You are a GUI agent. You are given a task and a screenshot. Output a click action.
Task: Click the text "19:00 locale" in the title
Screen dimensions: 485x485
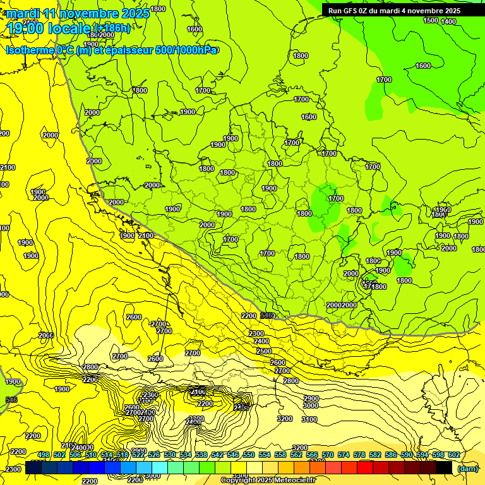tap(49, 28)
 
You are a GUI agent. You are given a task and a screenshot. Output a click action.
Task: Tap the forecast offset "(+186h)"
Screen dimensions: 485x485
tap(112, 28)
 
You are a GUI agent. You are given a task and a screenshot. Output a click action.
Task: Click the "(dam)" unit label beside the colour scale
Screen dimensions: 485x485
tap(467, 469)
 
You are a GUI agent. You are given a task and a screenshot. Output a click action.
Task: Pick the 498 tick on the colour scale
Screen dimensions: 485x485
tap(43, 455)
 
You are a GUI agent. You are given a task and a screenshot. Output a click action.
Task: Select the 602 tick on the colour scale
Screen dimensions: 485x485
tap(453, 455)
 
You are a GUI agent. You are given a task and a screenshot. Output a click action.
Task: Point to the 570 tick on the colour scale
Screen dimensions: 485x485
tap(327, 455)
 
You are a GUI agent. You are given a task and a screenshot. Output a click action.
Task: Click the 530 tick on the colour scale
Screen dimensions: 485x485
tap(169, 455)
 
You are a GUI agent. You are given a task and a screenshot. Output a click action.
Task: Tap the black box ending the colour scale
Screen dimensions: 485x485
tap(444, 467)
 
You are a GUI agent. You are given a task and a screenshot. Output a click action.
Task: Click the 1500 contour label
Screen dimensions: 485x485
tap(430, 20)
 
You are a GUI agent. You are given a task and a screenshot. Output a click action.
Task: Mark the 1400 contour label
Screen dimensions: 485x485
tap(448, 21)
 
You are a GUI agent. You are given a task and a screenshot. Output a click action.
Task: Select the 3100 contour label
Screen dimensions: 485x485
tap(309, 419)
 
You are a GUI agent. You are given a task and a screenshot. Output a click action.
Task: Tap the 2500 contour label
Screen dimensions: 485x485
tap(263, 351)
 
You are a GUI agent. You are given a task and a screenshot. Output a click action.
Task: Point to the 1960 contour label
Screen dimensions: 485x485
tap(443, 210)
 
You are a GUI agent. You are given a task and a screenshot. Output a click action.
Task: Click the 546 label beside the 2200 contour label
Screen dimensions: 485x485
tap(267, 315)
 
